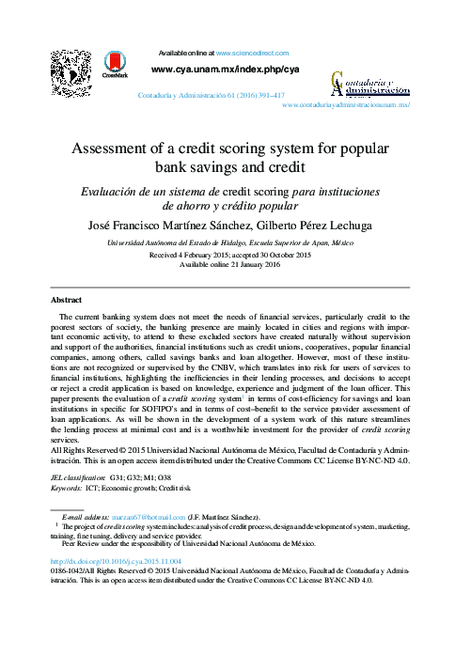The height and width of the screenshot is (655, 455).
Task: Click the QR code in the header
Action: coord(71,71)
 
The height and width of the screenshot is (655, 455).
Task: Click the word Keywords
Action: coord(66,489)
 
